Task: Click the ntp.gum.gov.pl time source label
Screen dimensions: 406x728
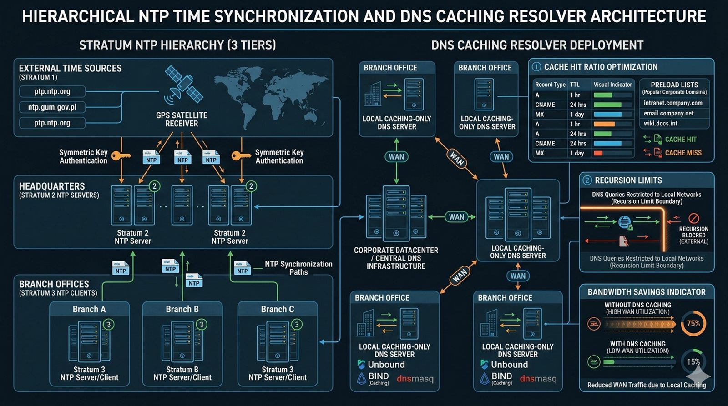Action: pyautogui.click(x=52, y=107)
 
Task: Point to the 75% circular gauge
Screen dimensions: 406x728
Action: pyautogui.click(x=693, y=324)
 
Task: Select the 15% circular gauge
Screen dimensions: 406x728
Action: pyautogui.click(x=693, y=362)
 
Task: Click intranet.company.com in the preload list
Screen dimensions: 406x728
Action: pyautogui.click(x=673, y=103)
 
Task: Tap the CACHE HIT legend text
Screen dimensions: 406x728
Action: pyautogui.click(x=681, y=140)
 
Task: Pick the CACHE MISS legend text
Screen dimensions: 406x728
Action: pyautogui.click(x=683, y=153)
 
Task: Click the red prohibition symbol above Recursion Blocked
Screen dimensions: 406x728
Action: pyautogui.click(x=693, y=218)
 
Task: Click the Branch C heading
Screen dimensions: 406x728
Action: pyautogui.click(x=278, y=309)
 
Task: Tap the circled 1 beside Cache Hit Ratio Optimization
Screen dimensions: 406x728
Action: pyautogui.click(x=536, y=67)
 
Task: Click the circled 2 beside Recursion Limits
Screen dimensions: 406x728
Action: pyautogui.click(x=587, y=180)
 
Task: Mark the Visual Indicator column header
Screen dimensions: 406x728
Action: pyautogui.click(x=612, y=85)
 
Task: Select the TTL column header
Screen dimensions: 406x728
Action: pyautogui.click(x=575, y=85)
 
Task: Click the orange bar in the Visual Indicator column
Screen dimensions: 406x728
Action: pyautogui.click(x=604, y=124)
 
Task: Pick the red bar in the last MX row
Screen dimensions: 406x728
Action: pyautogui.click(x=598, y=153)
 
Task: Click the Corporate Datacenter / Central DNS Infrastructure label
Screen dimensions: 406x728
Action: pyautogui.click(x=396, y=258)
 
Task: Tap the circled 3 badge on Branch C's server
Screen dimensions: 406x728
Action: pyautogui.click(x=297, y=324)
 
